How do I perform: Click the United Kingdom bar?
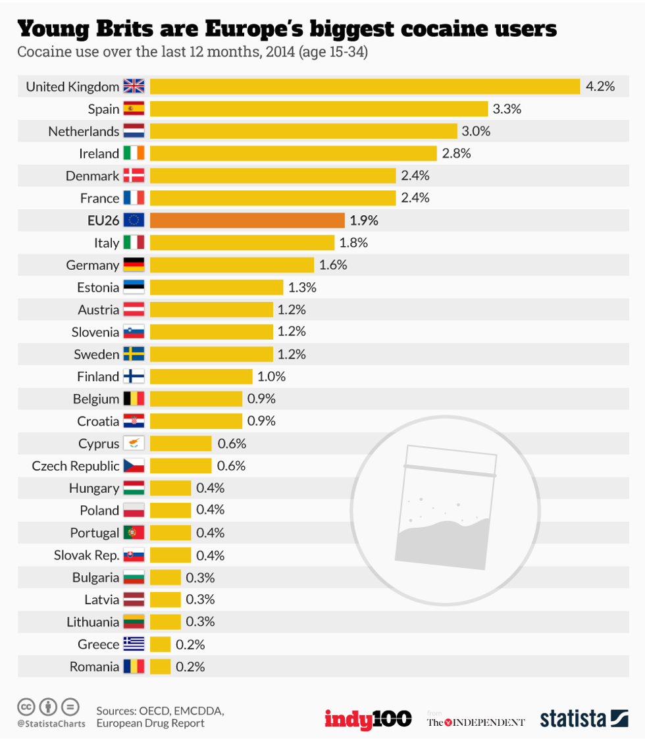tap(365, 86)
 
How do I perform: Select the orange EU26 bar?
tap(247, 220)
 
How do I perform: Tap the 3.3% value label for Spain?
tap(507, 109)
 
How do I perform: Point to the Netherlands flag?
tap(134, 131)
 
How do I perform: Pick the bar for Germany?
tap(232, 265)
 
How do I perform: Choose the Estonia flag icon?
tap(134, 288)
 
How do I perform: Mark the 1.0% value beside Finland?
tap(272, 376)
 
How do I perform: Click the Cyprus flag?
tap(134, 444)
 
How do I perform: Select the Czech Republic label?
tap(75, 466)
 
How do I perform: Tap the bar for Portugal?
tap(170, 532)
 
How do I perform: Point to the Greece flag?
tap(134, 644)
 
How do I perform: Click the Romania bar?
tap(160, 667)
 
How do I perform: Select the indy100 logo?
tap(368, 719)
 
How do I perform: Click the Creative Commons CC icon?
tap(26, 707)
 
